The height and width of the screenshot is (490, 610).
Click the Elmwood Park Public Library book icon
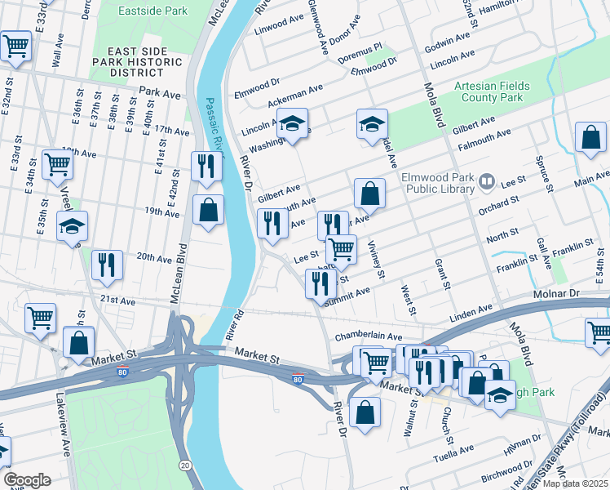tap(487, 180)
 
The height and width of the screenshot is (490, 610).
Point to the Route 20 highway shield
tap(186, 465)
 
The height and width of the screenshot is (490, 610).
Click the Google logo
tap(27, 480)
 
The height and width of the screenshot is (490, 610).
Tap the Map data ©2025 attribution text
tap(575, 483)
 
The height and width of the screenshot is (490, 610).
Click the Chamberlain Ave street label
tap(368, 336)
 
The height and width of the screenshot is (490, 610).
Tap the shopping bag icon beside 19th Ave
tap(209, 210)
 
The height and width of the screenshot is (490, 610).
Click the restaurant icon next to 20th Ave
tap(107, 264)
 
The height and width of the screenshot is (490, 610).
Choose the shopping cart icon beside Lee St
tap(341, 249)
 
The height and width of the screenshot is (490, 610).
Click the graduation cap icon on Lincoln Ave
tap(292, 122)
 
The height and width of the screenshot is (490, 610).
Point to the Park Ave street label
tap(159, 94)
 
